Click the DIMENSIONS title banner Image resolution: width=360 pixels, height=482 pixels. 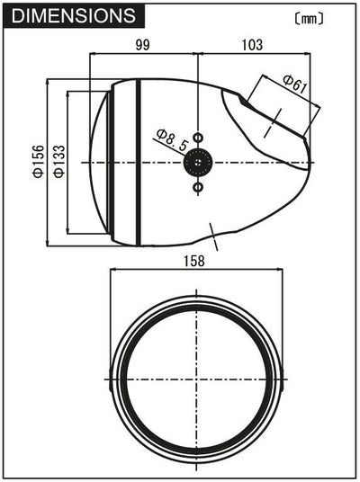point(74,16)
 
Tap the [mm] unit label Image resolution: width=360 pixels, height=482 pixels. point(309,19)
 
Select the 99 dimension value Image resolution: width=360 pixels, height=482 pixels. point(142,45)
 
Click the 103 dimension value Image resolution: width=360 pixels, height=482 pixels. point(252,45)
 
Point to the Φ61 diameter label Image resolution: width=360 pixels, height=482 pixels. point(295,84)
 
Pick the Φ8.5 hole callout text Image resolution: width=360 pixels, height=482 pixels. point(172,140)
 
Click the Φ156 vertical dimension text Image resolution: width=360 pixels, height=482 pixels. point(39,161)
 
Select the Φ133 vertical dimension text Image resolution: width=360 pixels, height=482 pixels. point(59,161)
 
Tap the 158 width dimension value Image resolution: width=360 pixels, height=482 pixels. point(194,261)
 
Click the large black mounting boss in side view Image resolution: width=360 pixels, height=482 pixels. point(198,162)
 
